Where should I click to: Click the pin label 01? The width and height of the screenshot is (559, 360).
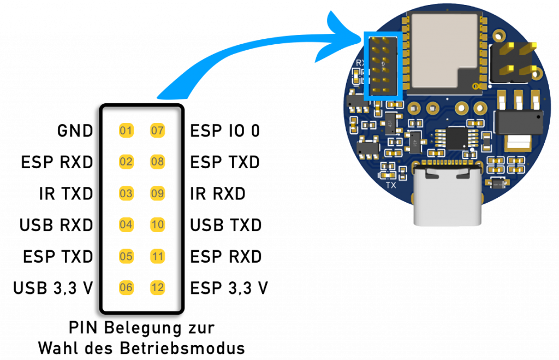(126, 131)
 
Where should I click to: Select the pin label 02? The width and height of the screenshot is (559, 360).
(126, 162)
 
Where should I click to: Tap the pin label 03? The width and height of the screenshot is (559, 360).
(126, 193)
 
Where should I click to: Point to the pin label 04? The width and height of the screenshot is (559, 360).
(126, 225)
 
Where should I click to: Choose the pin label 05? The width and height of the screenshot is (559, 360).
(126, 256)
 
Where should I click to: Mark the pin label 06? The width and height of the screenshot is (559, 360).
(126, 287)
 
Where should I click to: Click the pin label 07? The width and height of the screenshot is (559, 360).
(157, 131)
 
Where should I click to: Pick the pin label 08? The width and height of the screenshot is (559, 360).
(157, 162)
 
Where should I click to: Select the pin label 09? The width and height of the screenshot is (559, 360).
(157, 193)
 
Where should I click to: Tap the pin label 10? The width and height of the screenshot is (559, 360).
(157, 225)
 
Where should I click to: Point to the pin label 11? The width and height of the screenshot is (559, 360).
(157, 256)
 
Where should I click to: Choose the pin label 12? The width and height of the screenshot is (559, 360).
(157, 287)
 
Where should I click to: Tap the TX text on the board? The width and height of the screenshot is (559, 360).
(391, 185)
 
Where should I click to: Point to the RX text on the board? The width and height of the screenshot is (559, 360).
(360, 63)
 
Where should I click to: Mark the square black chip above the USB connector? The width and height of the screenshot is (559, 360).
(456, 138)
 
